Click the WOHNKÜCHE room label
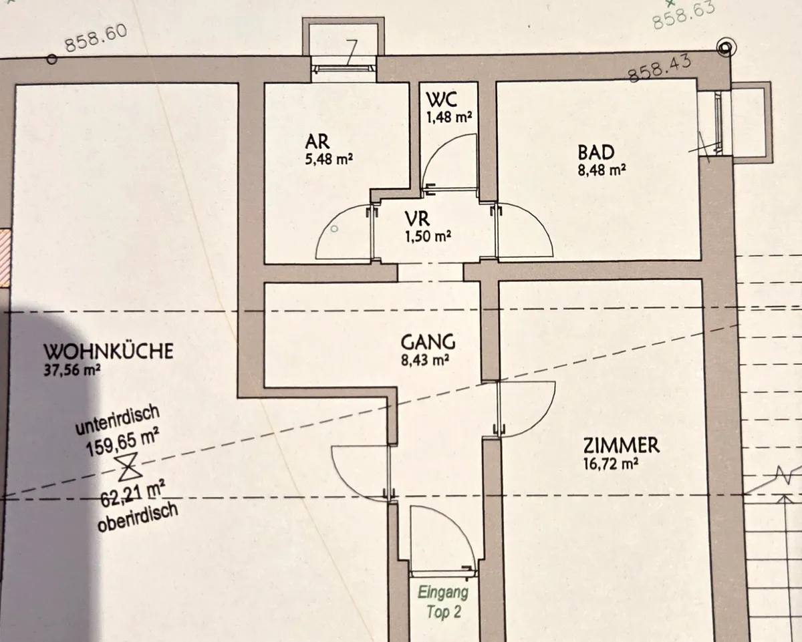(108, 351)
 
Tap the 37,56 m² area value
(72, 370)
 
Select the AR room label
(317, 142)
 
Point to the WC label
(442, 100)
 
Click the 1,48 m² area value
(449, 118)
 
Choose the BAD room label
(596, 152)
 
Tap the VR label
(418, 219)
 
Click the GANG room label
(428, 342)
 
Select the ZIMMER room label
(622, 446)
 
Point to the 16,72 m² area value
(611, 464)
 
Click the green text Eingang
(442, 592)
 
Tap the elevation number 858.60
(96, 38)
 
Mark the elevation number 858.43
(660, 69)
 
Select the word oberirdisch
(138, 517)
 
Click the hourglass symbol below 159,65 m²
(128, 467)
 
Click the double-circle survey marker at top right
(726, 48)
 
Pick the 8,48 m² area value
(601, 170)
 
